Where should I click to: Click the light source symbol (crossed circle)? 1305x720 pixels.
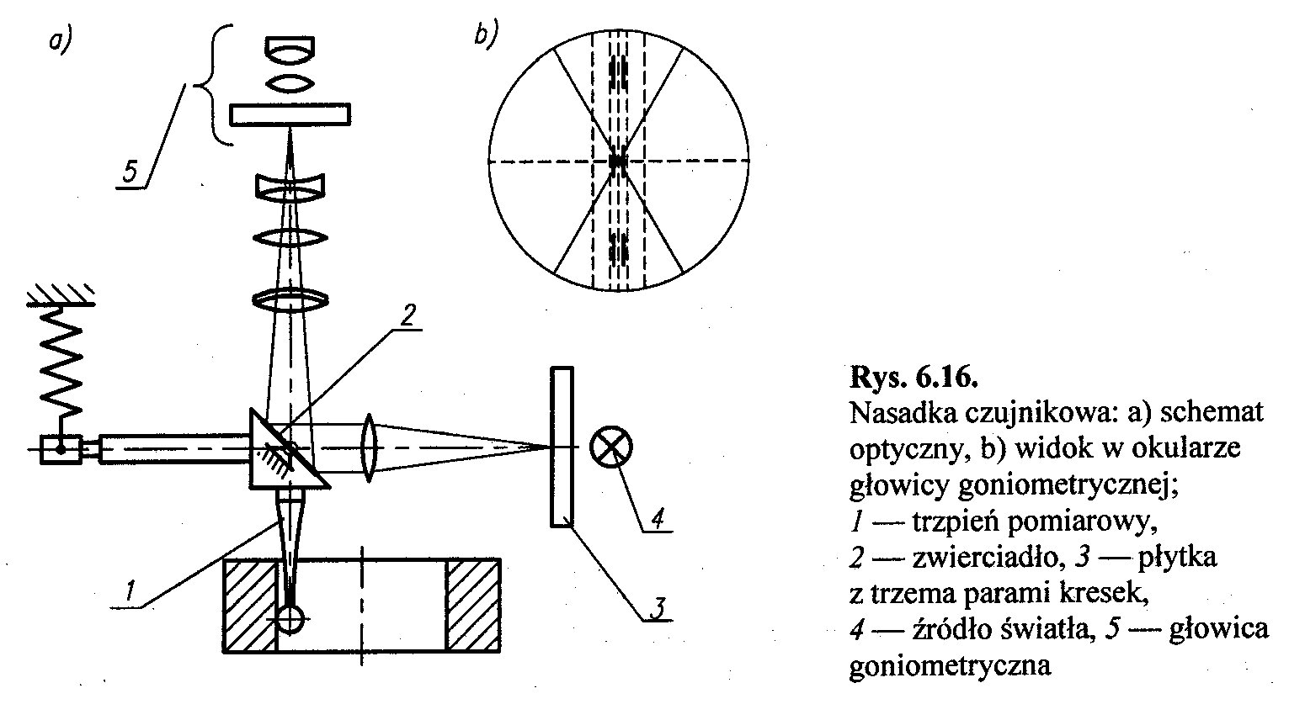[x=612, y=446]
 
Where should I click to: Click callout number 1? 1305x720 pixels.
[x=129, y=592]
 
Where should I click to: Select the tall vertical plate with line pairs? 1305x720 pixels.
[x=562, y=446]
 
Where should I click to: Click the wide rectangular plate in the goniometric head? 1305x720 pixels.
[x=290, y=114]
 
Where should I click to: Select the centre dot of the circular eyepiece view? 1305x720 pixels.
[x=618, y=160]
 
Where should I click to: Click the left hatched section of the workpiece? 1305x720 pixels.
[x=249, y=606]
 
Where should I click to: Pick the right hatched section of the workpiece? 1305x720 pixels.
[x=473, y=606]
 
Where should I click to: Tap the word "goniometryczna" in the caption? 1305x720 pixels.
[x=951, y=666]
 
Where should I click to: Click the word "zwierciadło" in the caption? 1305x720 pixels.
[x=981, y=558]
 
